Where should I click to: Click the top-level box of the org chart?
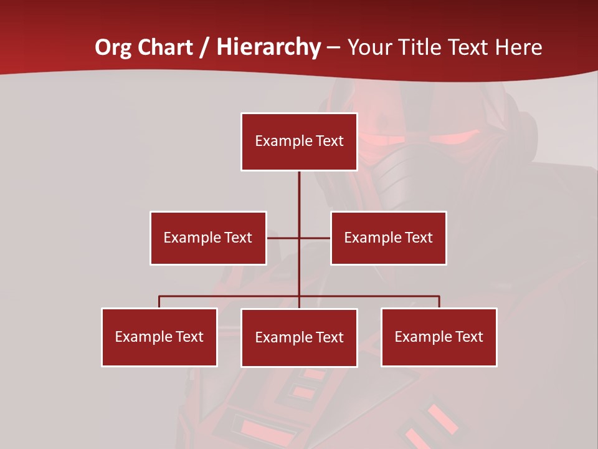299,142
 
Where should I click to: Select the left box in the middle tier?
208,238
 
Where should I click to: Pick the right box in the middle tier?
388,238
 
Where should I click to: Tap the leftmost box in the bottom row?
159,337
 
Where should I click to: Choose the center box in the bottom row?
299,337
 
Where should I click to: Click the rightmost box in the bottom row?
439,337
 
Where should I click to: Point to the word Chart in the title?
165,47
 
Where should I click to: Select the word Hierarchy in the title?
268,47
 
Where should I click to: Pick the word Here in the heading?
518,47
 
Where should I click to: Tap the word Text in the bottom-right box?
469,337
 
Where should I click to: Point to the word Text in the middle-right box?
419,238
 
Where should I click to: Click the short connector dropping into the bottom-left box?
159,302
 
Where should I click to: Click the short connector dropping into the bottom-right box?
439,302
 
